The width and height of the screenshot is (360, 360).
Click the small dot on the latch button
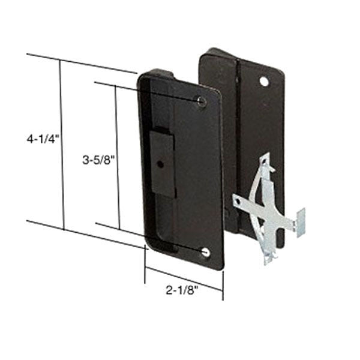pyautogui.click(x=161, y=164)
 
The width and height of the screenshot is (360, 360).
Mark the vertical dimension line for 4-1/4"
pyautogui.click(x=62, y=144)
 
